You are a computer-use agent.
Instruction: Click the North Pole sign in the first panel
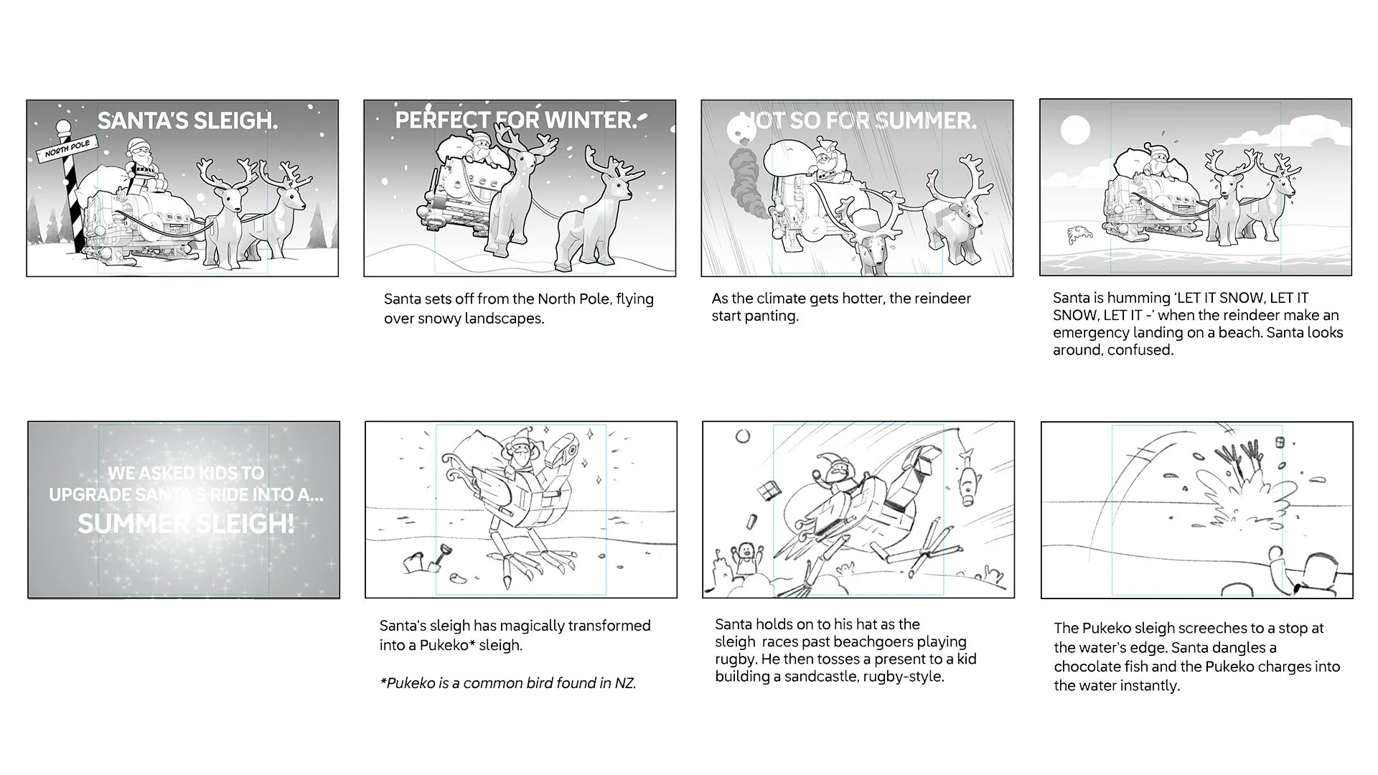(x=67, y=149)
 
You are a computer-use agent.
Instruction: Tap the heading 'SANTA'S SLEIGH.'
(x=187, y=121)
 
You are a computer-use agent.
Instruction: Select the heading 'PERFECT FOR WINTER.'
(x=516, y=120)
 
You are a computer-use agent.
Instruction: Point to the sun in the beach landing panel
(x=1075, y=131)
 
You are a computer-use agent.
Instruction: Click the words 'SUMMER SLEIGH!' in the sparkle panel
(x=186, y=523)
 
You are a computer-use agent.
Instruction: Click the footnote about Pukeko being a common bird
(x=508, y=683)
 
